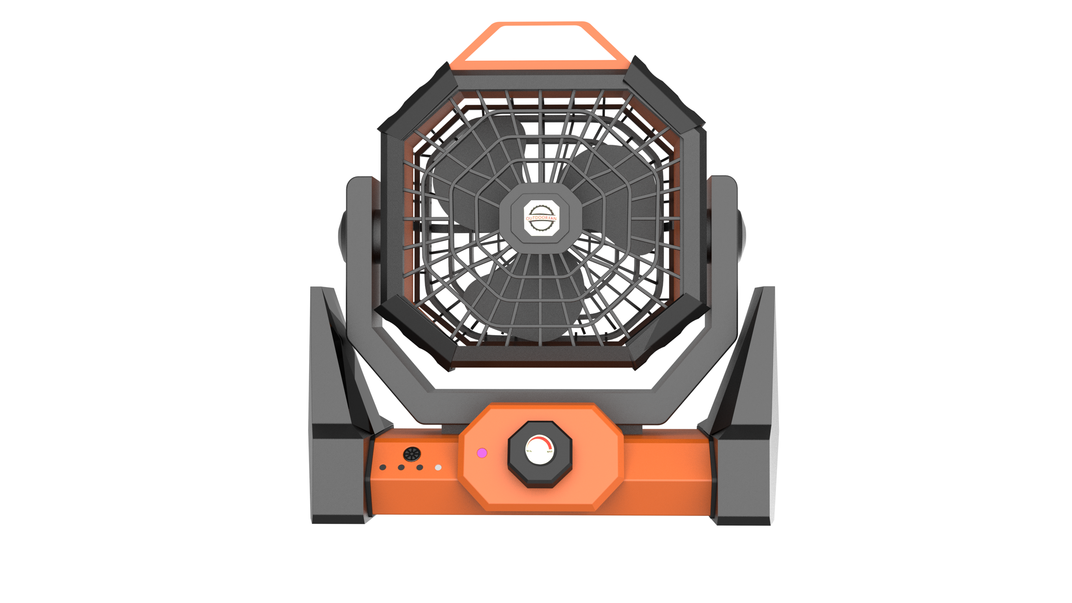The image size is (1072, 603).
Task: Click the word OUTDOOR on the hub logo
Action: point(536,218)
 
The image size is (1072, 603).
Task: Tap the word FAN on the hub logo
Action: point(552,219)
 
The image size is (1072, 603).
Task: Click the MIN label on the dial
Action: point(529,451)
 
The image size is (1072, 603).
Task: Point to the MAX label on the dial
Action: point(550,451)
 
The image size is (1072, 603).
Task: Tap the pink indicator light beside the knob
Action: point(482,453)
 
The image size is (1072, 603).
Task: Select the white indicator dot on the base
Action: point(438,467)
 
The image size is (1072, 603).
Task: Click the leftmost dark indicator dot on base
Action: point(382,467)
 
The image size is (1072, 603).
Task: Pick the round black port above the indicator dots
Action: point(412,453)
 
